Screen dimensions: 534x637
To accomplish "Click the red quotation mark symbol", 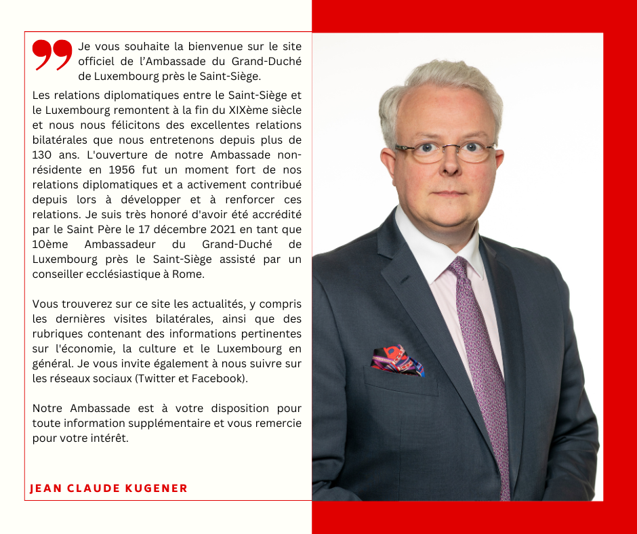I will (52, 55).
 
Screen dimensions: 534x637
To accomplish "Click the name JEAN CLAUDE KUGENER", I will (109, 488).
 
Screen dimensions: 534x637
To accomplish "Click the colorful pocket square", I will (398, 361).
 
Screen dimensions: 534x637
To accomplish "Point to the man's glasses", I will (445, 151).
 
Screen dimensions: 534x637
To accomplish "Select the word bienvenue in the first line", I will (203, 47).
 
